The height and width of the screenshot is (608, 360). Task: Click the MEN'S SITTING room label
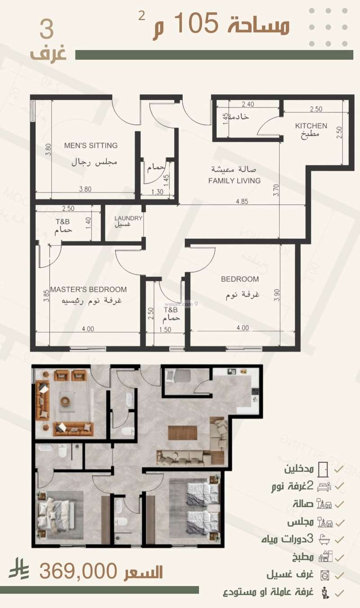[x=90, y=145]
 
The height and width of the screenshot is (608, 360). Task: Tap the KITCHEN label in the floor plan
[x=311, y=126]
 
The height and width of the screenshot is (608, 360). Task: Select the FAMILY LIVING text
[x=234, y=180]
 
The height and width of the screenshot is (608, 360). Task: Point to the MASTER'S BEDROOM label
[x=88, y=289]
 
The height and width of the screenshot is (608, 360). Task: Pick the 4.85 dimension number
[x=241, y=201]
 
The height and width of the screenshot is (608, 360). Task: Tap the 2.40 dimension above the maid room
[x=248, y=104]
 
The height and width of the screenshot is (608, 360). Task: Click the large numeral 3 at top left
[x=46, y=30]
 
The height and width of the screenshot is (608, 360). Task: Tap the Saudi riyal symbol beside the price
[x=19, y=569]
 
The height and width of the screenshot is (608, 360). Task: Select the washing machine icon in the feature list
[x=324, y=575]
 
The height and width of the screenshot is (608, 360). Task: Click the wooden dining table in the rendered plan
[x=182, y=433]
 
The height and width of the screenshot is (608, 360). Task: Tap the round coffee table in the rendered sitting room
[x=66, y=400]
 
